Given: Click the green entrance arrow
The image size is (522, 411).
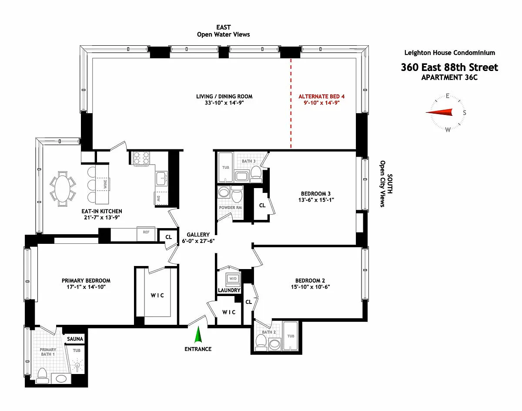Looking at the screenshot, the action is (198, 334).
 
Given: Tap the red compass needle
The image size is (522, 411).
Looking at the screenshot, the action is (439, 112).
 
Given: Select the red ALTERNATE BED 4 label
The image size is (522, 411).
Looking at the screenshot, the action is (321, 96).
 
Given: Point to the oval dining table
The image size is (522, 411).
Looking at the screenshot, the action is (63, 189).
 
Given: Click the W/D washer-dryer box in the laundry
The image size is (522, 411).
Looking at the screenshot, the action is (233, 279).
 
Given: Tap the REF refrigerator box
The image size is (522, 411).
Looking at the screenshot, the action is (146, 234).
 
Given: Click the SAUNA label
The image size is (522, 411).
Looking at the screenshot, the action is (75, 339).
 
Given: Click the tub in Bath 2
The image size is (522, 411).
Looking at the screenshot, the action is (291, 336).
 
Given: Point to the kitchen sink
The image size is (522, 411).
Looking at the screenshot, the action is (161, 179).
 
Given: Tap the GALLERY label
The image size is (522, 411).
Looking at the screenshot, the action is (198, 235).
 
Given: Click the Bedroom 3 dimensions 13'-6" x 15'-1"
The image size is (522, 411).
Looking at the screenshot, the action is (316, 200).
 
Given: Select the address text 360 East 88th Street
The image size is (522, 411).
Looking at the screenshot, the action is (449, 67).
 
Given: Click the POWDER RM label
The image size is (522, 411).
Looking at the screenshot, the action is (231, 208).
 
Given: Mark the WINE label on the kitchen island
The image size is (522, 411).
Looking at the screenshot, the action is (105, 184).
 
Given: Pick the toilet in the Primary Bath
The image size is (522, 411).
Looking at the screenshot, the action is (42, 375).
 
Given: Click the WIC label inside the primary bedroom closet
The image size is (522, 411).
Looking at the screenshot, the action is (157, 296).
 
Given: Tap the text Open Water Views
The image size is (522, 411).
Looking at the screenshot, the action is (224, 34).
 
